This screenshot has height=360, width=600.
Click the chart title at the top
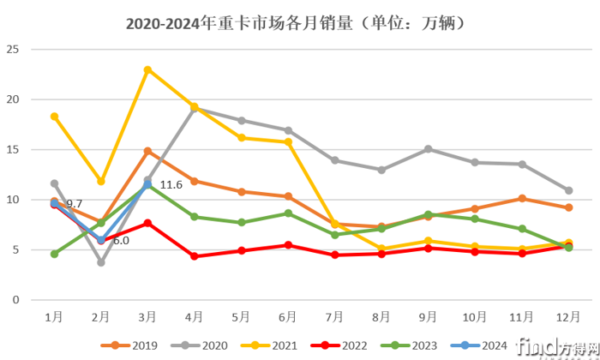click(x=298, y=23)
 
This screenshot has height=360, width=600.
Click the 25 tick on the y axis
click(x=12, y=50)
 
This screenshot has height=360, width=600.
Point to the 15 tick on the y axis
click(x=12, y=150)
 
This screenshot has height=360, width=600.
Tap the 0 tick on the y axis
click(x=15, y=301)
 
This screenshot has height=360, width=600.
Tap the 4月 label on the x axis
click(x=195, y=316)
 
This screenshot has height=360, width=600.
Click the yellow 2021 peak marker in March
click(x=147, y=69)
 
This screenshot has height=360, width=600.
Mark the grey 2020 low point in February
click(x=101, y=262)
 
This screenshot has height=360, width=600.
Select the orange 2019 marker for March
click(x=147, y=151)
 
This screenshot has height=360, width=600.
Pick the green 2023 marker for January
click(x=55, y=254)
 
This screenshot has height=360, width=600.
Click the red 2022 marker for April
click(x=195, y=256)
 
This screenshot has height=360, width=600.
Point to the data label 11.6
click(x=171, y=185)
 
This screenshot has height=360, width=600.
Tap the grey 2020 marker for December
click(x=568, y=190)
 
